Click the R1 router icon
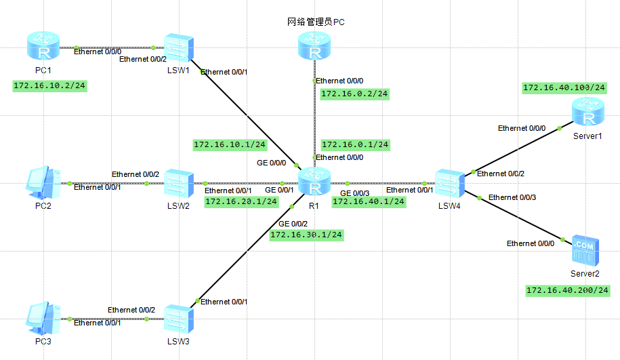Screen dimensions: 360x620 pyautogui.click(x=314, y=183)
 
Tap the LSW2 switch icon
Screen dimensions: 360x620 pyautogui.click(x=179, y=183)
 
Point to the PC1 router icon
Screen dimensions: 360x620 pyautogui.click(x=43, y=47)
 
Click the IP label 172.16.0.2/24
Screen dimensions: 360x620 pyautogui.click(x=354, y=94)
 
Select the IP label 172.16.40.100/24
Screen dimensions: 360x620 pyautogui.click(x=564, y=87)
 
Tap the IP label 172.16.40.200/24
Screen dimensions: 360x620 pyautogui.click(x=568, y=290)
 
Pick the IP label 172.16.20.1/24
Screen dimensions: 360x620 pyautogui.click(x=241, y=201)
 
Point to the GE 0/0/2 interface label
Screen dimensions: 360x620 pyautogui.click(x=292, y=224)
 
